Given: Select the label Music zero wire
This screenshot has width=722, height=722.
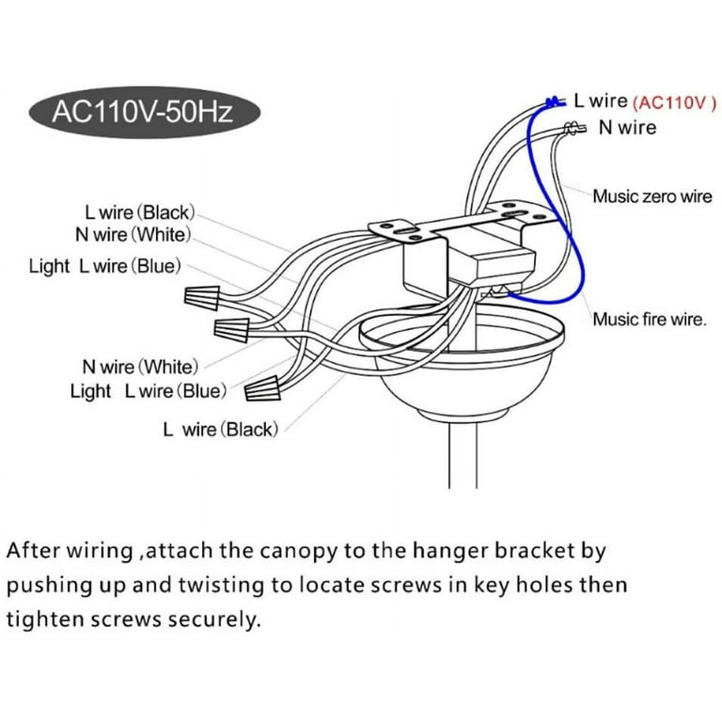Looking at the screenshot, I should [651, 196].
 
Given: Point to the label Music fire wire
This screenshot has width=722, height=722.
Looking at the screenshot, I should [649, 320].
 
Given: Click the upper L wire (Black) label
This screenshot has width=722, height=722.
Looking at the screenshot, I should [139, 214].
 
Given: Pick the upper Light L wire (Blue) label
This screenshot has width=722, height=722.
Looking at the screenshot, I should [104, 266].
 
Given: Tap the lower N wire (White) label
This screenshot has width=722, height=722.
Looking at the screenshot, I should [140, 366].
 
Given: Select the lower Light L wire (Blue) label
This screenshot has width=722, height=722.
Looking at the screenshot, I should [148, 391].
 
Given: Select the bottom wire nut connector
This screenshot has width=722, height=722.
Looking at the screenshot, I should [265, 386].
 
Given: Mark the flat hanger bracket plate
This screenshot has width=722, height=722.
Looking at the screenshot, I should [461, 224].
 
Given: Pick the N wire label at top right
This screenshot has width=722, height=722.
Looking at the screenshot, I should [628, 127].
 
